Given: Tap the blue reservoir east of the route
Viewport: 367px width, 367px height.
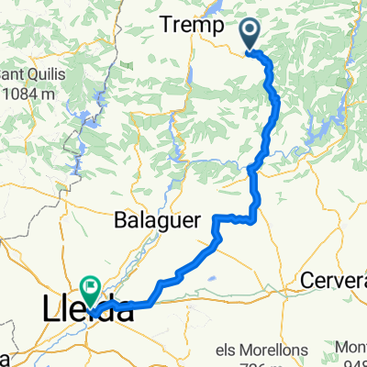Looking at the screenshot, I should (317, 128).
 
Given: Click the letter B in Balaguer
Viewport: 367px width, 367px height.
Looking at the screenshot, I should (119, 220).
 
